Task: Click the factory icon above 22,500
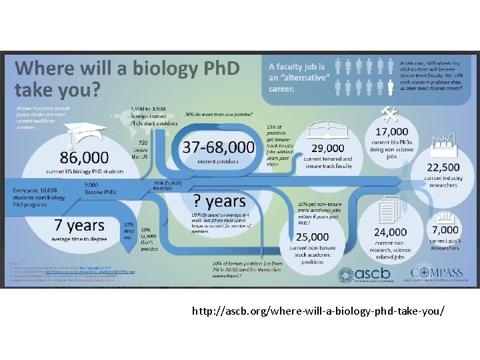coord(443,142)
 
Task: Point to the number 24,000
coord(391,233)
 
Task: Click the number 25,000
coord(312,236)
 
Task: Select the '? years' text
coord(221,201)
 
